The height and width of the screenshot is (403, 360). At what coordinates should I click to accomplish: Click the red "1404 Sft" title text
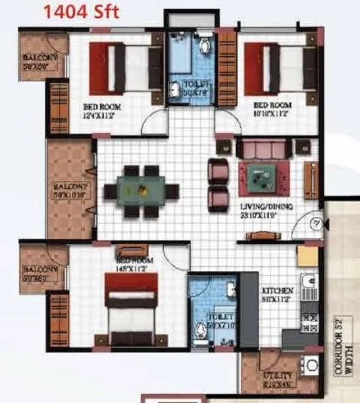[82, 12]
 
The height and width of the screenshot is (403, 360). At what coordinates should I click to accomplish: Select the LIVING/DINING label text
[267, 210]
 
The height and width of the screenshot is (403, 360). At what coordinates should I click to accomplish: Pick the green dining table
[141, 191]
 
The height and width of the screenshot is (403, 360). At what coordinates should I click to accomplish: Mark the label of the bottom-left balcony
[40, 273]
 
